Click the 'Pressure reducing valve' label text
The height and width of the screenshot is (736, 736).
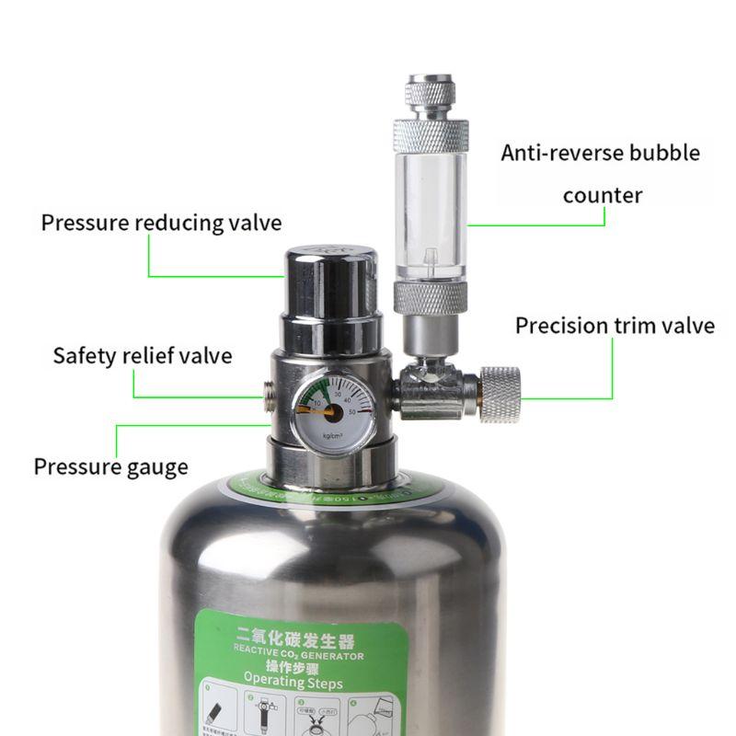(161, 224)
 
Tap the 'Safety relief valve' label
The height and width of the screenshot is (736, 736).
(142, 355)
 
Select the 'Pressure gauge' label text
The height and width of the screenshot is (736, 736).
(110, 466)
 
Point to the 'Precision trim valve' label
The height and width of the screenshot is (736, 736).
(614, 326)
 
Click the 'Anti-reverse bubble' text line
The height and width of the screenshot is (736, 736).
(600, 153)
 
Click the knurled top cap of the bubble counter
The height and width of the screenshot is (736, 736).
(430, 98)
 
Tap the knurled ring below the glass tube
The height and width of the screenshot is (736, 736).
(431, 298)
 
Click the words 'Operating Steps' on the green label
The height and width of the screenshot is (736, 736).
(292, 683)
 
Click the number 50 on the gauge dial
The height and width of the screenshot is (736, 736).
(364, 410)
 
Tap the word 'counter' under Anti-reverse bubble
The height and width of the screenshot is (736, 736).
(602, 196)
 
